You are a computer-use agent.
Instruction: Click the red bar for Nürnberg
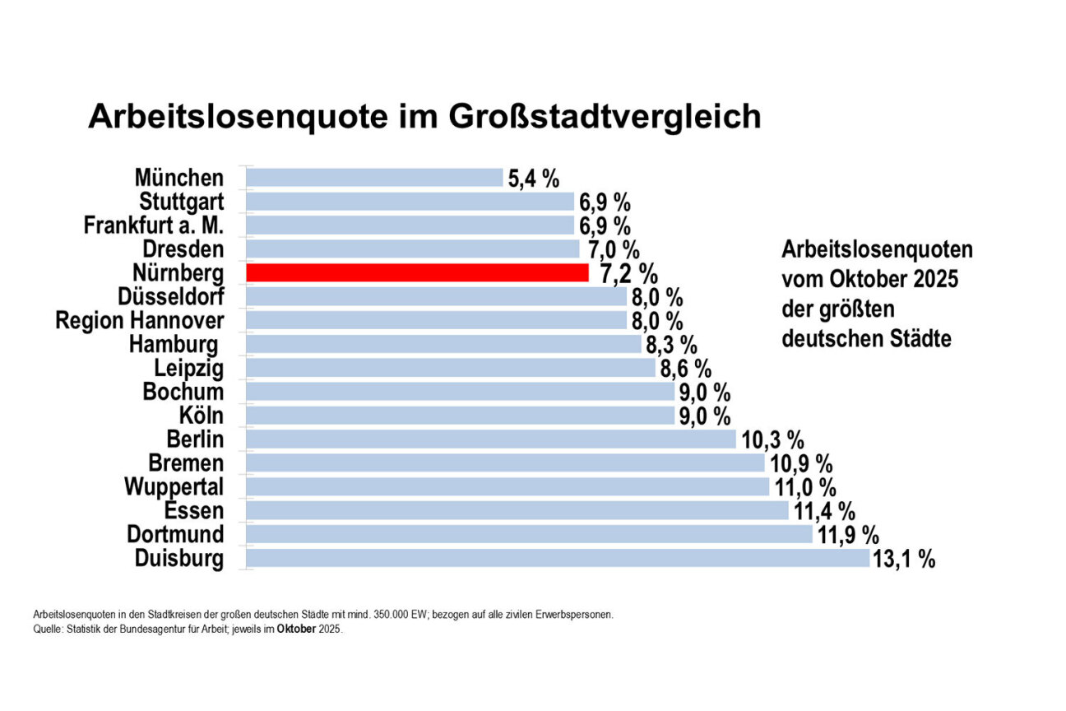click(x=417, y=272)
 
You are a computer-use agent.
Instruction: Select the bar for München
click(x=374, y=178)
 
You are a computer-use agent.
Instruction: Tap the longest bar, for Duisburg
click(x=557, y=559)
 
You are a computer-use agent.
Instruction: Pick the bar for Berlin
click(x=490, y=439)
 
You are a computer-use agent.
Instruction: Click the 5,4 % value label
click(x=534, y=179)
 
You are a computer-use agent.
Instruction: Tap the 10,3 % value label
click(x=772, y=440)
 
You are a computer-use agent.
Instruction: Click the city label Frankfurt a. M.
click(x=154, y=225)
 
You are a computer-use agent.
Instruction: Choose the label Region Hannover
click(x=139, y=320)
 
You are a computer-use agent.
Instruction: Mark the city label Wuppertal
click(x=174, y=487)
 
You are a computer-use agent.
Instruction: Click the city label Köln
click(x=201, y=416)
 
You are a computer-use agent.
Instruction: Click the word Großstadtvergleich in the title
click(x=605, y=117)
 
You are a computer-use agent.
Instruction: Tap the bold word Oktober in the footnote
click(x=294, y=630)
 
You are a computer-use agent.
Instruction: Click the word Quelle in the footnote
click(x=46, y=630)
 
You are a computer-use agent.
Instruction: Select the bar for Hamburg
click(x=443, y=344)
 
